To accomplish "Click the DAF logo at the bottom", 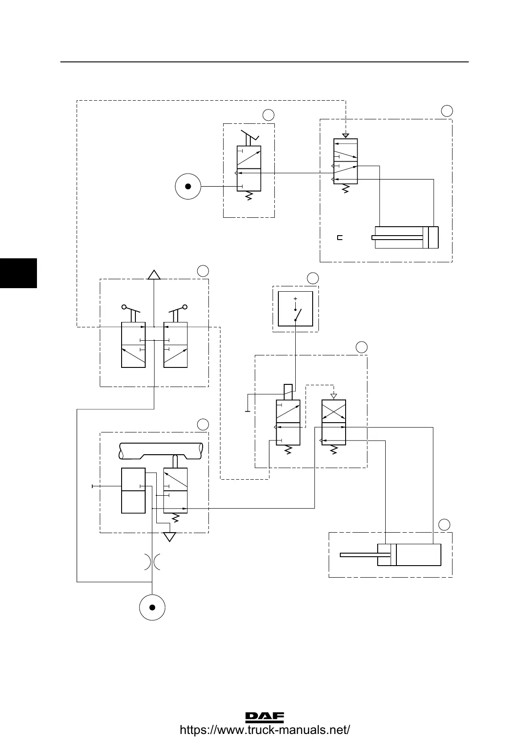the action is pyautogui.click(x=265, y=717).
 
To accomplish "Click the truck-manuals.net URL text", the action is pyautogui.click(x=265, y=730).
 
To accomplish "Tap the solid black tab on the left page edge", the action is pyautogui.click(x=18, y=273).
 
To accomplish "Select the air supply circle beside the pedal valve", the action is pyautogui.click(x=188, y=186).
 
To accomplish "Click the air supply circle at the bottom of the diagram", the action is pyautogui.click(x=152, y=607).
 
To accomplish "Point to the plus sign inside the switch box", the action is pyautogui.click(x=295, y=298).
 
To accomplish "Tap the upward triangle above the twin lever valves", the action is pyautogui.click(x=154, y=275).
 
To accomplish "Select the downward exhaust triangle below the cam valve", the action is pyautogui.click(x=169, y=537).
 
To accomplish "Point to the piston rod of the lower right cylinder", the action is pyautogui.click(x=359, y=554).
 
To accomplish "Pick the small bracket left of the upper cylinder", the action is pyautogui.click(x=340, y=237).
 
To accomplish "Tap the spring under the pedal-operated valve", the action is pyautogui.click(x=249, y=196).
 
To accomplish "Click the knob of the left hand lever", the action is pyautogui.click(x=125, y=307).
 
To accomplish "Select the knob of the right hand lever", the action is pyautogui.click(x=184, y=307).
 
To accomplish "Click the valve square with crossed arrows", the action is pyautogui.click(x=334, y=412).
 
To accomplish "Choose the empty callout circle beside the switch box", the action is pyautogui.click(x=313, y=278).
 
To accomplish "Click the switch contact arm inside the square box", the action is pyautogui.click(x=298, y=314).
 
